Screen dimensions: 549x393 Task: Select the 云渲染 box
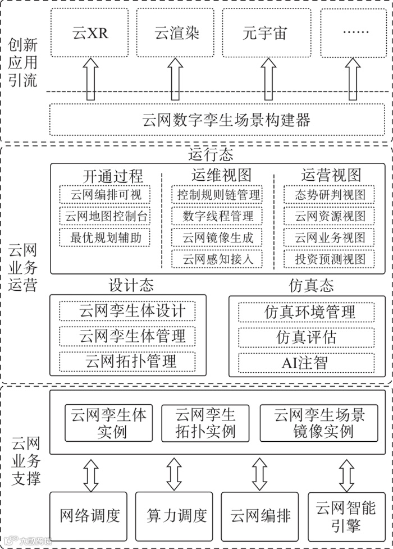coord(177,33)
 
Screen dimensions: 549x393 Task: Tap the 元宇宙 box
coord(264,33)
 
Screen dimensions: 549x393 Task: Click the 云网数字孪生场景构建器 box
coord(218,120)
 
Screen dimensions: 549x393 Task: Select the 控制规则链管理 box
coord(218,195)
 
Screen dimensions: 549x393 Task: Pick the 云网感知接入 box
coord(218,259)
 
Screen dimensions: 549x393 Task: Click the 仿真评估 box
coord(307,337)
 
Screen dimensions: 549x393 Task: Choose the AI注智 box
coord(307,362)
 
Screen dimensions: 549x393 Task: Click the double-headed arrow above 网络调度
coord(90,474)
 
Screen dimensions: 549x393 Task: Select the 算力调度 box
coord(174,515)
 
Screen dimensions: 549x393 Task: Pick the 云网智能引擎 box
coord(346,515)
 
